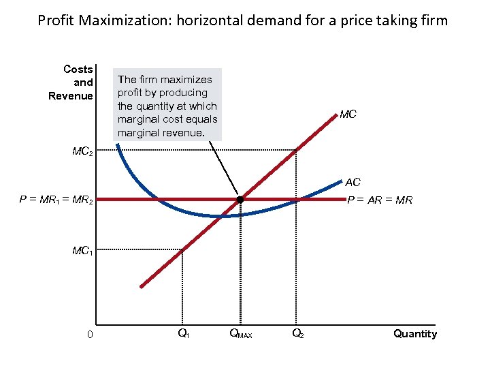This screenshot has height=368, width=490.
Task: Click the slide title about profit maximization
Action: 243,20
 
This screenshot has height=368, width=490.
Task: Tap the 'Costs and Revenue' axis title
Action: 71,82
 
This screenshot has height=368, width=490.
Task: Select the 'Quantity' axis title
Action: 414,333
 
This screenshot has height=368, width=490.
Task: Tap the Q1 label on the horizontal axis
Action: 183,333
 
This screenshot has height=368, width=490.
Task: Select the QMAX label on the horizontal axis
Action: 240,334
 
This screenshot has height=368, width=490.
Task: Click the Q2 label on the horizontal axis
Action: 297,333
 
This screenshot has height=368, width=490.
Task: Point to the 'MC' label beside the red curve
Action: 348,114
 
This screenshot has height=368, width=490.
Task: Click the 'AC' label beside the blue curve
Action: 353,183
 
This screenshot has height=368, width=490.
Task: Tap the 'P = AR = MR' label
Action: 380,200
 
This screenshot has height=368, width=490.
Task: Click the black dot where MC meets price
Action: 240,200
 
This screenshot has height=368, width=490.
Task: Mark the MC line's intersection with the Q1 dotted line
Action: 182,250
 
